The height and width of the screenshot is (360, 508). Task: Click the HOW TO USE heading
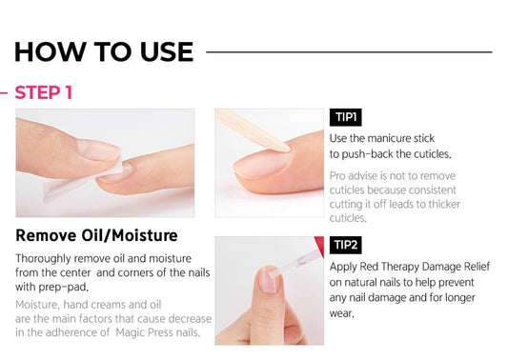click(103, 50)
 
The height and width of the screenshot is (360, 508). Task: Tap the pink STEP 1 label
click(44, 92)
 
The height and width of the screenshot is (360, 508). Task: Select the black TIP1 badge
click(345, 118)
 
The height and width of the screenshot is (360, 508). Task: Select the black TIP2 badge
click(345, 245)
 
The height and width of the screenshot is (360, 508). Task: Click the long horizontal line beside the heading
click(349, 51)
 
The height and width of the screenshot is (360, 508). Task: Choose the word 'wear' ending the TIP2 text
click(340, 313)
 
